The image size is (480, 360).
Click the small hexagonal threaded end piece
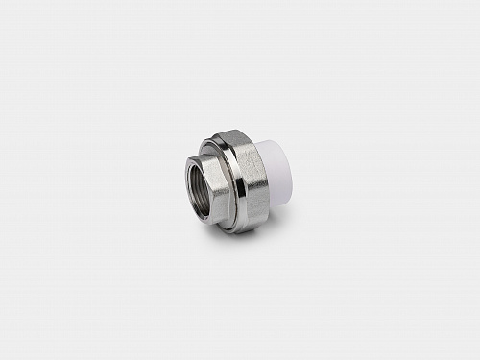tap(205, 182)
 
